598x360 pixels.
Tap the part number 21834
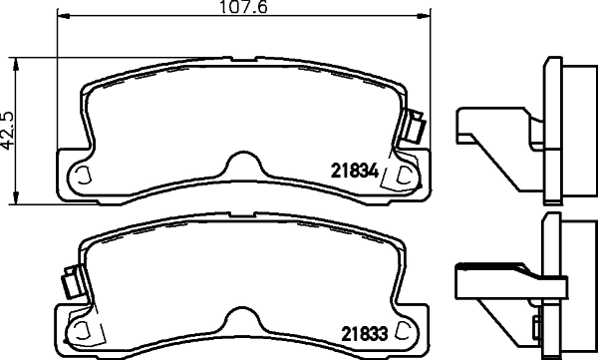tap(353, 171)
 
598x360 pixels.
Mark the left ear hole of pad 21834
tap(84, 176)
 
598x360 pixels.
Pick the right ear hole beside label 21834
tap(405, 177)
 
